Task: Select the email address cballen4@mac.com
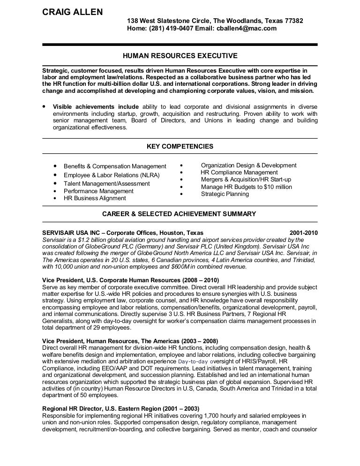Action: [x=247, y=28]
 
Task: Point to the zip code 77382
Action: [x=293, y=21]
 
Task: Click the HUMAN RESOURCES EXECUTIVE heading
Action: [x=180, y=56]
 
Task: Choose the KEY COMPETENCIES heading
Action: [x=180, y=146]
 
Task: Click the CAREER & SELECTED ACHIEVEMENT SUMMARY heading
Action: [x=180, y=214]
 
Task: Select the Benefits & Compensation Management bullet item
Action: [x=115, y=166]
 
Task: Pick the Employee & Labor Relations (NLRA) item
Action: [x=112, y=175]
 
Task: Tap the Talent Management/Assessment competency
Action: [x=107, y=184]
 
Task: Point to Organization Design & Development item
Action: [x=248, y=165]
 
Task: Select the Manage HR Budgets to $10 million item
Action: [x=246, y=187]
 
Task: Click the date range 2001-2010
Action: [x=303, y=232]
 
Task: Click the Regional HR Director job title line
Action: [x=120, y=408]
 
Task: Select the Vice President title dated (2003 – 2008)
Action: [x=130, y=341]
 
